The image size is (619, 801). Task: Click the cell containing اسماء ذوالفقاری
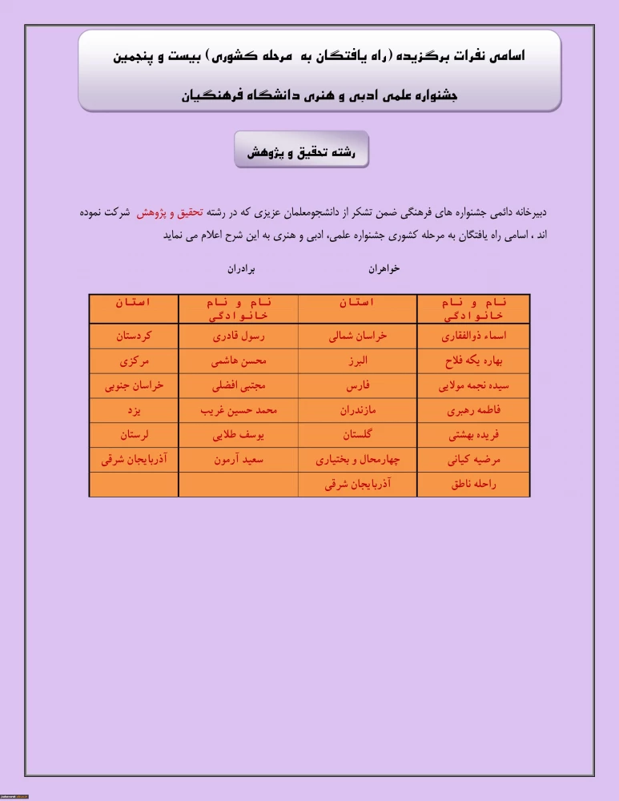474,336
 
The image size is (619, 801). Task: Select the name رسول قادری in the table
238,336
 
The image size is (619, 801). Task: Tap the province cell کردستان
133,336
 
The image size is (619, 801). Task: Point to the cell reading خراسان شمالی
357,336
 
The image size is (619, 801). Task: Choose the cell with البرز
357,360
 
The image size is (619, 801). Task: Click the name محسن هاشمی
238,360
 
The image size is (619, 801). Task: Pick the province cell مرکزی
133,360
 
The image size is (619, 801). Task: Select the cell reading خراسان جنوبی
133,385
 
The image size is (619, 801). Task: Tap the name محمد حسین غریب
238,410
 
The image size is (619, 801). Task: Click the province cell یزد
133,410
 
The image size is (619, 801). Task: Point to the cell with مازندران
357,410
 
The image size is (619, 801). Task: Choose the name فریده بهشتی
474,436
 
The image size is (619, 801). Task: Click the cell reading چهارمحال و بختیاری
357,461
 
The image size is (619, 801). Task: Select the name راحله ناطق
474,485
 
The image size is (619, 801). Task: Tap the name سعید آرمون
238,461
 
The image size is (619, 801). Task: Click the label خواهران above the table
384,269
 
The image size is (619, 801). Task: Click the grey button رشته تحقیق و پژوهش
301,151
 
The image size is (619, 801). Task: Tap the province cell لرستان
133,436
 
